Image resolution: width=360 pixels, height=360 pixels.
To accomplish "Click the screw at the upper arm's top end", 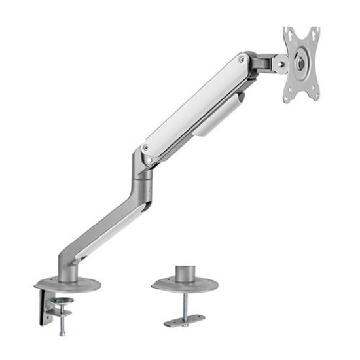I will (243, 60).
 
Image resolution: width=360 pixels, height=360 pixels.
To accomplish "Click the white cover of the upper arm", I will (196, 105).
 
